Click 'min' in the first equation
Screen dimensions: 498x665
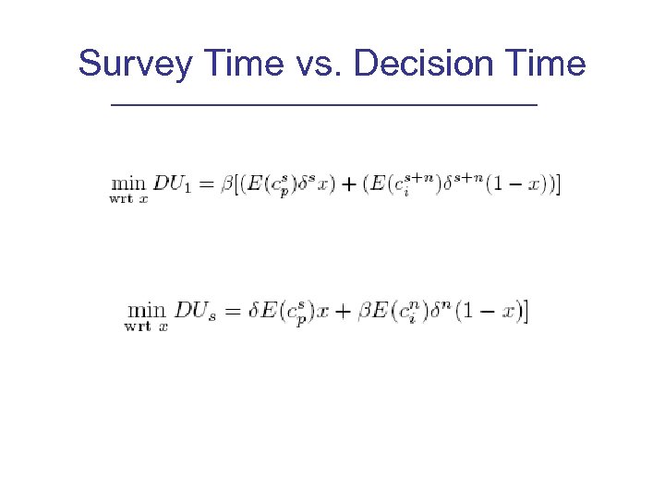coord(129,184)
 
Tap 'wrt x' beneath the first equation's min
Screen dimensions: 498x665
coord(128,198)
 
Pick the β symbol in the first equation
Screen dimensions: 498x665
coord(227,185)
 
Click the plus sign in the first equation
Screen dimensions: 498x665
coord(349,185)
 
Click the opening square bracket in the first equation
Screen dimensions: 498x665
coord(238,185)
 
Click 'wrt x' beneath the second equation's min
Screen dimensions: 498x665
coord(145,326)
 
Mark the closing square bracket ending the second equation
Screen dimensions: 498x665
coord(526,312)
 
